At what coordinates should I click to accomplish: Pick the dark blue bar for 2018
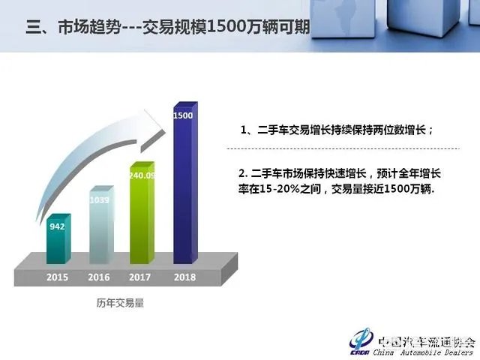tap(184, 187)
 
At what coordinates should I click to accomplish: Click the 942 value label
tap(57, 226)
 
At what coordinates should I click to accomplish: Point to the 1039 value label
tap(99, 201)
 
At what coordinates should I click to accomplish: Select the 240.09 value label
tap(142, 176)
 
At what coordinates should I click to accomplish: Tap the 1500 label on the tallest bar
tap(183, 116)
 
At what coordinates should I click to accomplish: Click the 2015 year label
tap(57, 277)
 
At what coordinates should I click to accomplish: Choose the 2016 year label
tap(99, 277)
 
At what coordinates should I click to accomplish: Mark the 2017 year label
tap(141, 277)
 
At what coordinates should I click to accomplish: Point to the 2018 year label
tap(183, 277)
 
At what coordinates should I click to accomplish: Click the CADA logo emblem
tap(361, 339)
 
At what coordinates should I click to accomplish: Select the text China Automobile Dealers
tap(424, 350)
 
